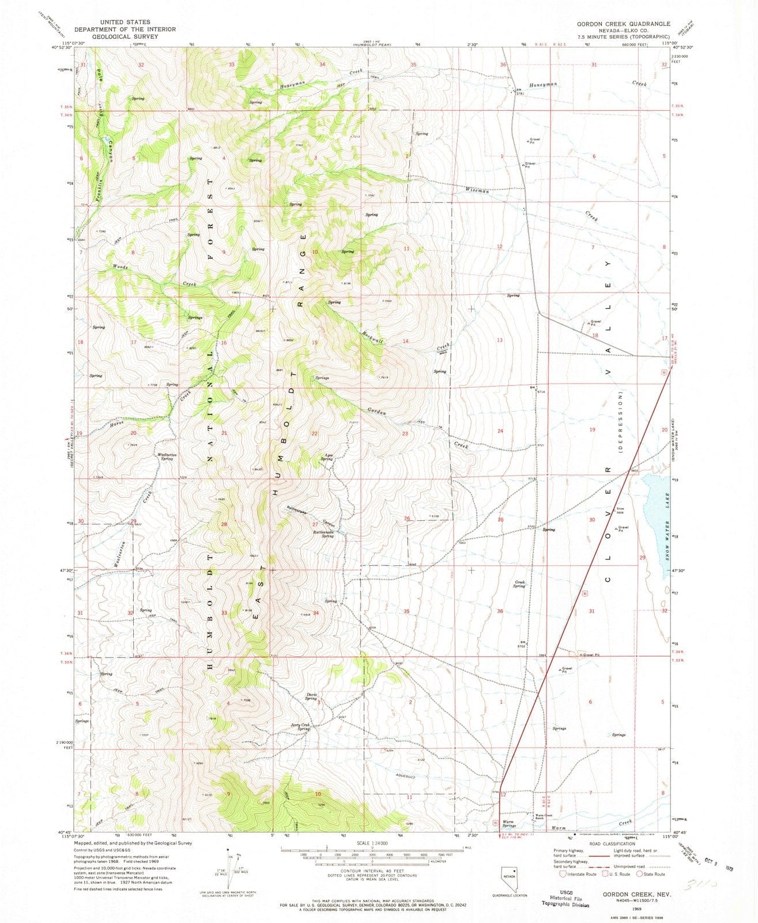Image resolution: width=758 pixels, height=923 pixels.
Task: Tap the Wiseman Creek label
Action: click(x=477, y=190)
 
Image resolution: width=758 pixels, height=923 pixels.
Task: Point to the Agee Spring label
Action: click(x=329, y=457)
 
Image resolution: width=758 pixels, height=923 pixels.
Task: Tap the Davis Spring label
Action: click(x=311, y=696)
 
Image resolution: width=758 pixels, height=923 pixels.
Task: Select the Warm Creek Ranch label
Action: click(x=540, y=816)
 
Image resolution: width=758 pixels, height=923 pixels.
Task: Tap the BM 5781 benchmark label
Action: click(x=519, y=92)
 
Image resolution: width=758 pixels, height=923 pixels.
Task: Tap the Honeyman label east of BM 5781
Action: click(x=543, y=84)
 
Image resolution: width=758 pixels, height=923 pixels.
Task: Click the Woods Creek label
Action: click(x=120, y=267)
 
